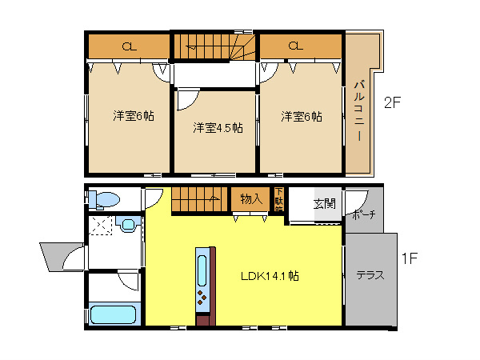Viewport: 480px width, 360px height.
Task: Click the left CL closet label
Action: point(128,47)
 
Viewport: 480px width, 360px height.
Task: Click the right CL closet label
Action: point(294,46)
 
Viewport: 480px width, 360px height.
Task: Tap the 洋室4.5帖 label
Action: point(217,128)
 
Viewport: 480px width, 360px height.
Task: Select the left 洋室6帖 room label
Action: point(134,115)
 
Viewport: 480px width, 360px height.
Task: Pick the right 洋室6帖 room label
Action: point(301,115)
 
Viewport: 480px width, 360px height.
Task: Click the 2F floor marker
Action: point(391,102)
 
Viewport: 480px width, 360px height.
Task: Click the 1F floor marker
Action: point(410,258)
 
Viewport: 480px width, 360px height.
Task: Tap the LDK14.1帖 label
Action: point(270,276)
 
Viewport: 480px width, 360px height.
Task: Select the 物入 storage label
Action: point(250,198)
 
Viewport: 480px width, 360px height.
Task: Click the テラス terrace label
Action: point(370,275)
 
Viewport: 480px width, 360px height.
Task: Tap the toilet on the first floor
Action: point(104,199)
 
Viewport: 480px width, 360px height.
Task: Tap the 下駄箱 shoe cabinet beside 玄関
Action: point(278,197)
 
